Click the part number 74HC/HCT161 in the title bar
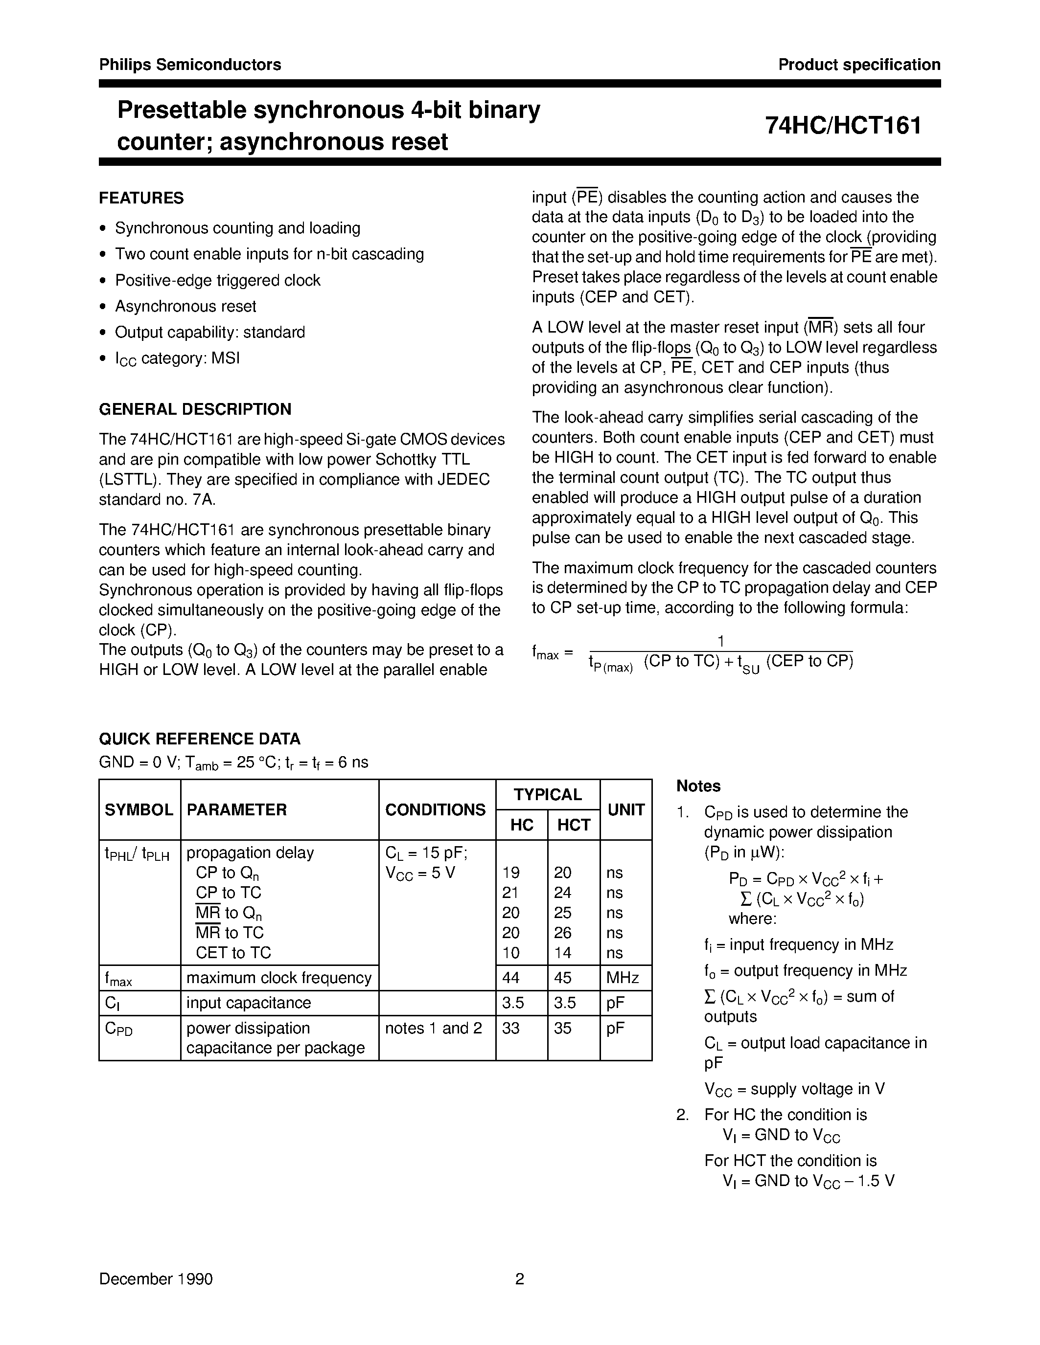pyautogui.click(x=843, y=126)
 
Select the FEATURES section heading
pyautogui.click(x=141, y=198)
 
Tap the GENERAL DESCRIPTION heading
pyautogui.click(x=195, y=409)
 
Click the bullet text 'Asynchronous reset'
pyautogui.click(x=185, y=306)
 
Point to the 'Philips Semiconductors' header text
pyautogui.click(x=190, y=65)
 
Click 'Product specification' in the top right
pyautogui.click(x=859, y=65)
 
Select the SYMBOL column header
pyautogui.click(x=139, y=809)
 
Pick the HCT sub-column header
pyautogui.click(x=573, y=825)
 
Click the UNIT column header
pyautogui.click(x=625, y=809)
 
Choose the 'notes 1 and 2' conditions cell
pyautogui.click(x=433, y=1028)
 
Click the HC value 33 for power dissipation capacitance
pyautogui.click(x=511, y=1028)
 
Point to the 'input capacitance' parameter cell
pyautogui.click(x=248, y=1003)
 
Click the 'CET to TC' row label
pyautogui.click(x=233, y=953)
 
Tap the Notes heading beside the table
pyautogui.click(x=698, y=786)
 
